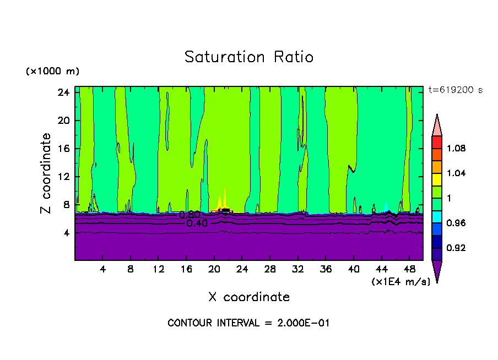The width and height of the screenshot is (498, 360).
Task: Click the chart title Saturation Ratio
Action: [x=249, y=57]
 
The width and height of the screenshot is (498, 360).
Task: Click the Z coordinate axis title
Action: [x=46, y=173]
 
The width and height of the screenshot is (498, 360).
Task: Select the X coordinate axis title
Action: [x=249, y=297]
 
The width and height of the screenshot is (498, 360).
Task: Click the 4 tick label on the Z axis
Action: [x=67, y=233]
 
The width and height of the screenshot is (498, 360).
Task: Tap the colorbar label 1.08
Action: [x=457, y=148]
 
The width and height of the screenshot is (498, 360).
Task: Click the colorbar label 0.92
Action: [x=457, y=248]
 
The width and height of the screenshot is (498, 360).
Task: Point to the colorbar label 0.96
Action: [x=457, y=223]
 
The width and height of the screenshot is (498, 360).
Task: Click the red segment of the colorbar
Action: [x=437, y=142]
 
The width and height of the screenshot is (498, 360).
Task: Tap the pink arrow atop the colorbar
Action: [x=437, y=124]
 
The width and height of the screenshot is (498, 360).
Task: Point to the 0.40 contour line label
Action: [x=197, y=223]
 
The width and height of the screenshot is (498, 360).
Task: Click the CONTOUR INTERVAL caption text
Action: [x=248, y=323]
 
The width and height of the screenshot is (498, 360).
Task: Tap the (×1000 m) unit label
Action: [x=52, y=72]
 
